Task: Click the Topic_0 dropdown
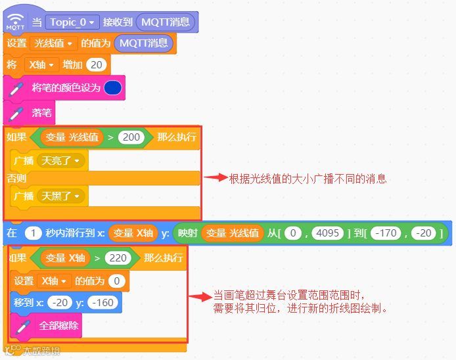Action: click(x=73, y=22)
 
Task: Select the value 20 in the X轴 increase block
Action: click(x=97, y=64)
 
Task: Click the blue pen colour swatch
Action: click(x=112, y=87)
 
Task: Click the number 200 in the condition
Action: click(x=131, y=137)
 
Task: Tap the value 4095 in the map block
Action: click(x=327, y=233)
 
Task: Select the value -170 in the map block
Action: click(x=384, y=233)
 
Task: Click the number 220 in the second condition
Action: click(x=118, y=258)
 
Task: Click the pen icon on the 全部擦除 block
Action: click(x=22, y=325)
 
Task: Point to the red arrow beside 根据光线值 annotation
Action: click(x=214, y=177)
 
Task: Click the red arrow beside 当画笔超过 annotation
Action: click(x=200, y=297)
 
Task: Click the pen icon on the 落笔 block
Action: click(x=16, y=112)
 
